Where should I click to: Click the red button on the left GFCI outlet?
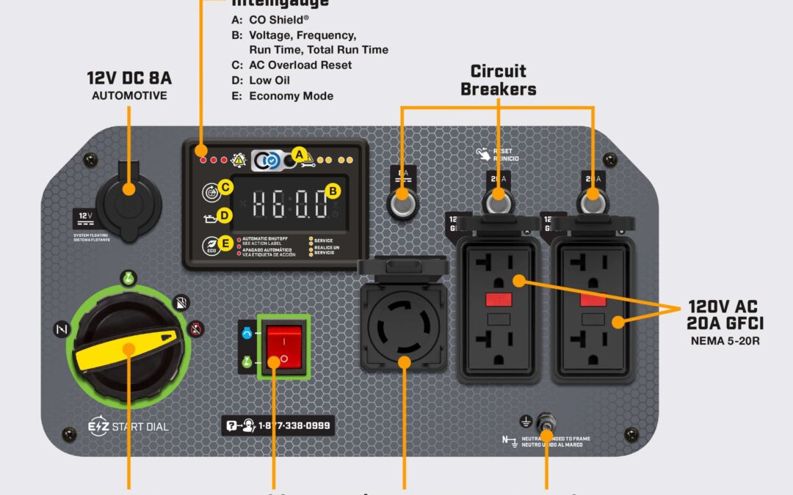499,299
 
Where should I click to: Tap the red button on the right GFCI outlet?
593,299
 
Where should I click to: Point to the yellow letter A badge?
299,154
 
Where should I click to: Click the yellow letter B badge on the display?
333,191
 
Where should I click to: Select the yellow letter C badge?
226,188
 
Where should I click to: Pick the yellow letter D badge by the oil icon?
225,216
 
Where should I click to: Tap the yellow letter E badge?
226,243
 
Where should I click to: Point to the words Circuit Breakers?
499,80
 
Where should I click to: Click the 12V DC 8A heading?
129,78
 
